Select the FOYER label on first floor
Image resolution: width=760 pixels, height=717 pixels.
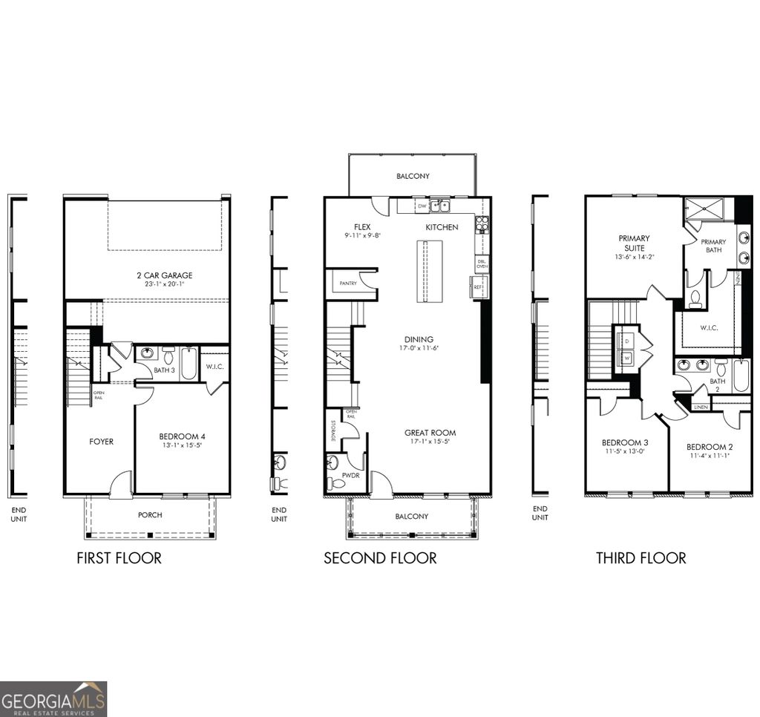(x=102, y=442)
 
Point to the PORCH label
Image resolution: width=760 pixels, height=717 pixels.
(x=150, y=514)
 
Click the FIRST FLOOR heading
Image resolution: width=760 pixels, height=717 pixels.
(x=119, y=557)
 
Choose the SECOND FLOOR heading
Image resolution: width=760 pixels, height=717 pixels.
(x=380, y=557)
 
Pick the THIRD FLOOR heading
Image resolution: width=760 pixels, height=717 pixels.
(x=641, y=557)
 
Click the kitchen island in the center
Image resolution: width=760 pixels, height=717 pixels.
(x=429, y=272)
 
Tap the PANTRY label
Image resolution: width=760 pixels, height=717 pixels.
(x=348, y=284)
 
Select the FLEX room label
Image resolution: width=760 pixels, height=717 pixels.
(x=362, y=227)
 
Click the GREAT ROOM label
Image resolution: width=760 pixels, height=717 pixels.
(x=430, y=433)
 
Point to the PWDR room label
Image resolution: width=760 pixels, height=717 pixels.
(x=350, y=474)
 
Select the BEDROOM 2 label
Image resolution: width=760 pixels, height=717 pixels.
(x=709, y=446)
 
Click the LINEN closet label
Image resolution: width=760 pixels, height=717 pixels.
(x=700, y=407)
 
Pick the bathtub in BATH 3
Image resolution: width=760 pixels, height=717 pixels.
(x=189, y=363)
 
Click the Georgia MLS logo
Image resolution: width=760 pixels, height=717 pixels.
(x=53, y=698)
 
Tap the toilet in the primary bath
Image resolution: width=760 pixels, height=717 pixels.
(x=696, y=298)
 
